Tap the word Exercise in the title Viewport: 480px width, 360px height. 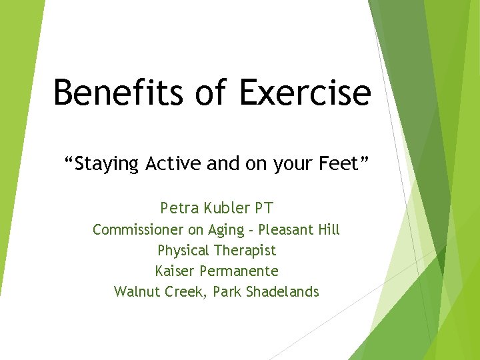coord(303,92)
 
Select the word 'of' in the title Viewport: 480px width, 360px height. coord(211,92)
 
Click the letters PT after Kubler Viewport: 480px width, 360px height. coord(263,208)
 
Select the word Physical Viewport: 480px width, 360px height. coord(183,251)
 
